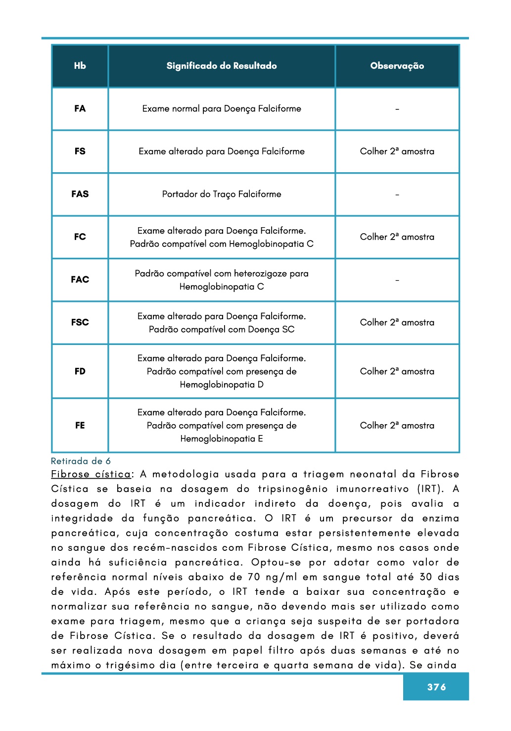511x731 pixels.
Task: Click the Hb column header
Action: click(x=80, y=66)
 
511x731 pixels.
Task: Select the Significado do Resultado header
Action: click(x=222, y=66)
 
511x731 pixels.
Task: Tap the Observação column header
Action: click(x=397, y=66)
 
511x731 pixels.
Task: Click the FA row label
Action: click(x=80, y=109)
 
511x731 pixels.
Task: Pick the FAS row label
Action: click(x=80, y=194)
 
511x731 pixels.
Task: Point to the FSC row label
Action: click(x=80, y=322)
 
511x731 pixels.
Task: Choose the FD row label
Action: click(x=80, y=371)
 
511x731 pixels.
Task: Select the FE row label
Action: click(x=80, y=425)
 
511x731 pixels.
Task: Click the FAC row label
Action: click(x=80, y=280)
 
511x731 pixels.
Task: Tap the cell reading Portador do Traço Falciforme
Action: click(x=222, y=194)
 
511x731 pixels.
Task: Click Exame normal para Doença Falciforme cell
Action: click(x=222, y=109)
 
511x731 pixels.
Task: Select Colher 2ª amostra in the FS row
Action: click(x=397, y=151)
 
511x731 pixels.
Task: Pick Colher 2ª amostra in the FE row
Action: click(x=397, y=425)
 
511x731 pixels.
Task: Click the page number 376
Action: click(x=436, y=687)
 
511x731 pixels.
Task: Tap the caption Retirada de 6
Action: click(x=81, y=461)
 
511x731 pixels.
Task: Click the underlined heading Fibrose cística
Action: click(x=91, y=474)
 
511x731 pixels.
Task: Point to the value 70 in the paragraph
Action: click(x=254, y=577)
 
